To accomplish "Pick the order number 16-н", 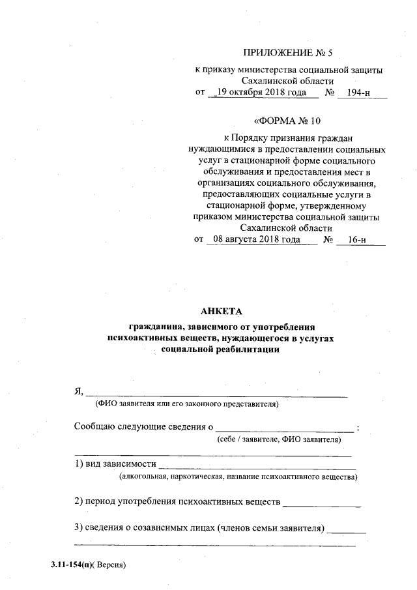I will pyautogui.click(x=357, y=239).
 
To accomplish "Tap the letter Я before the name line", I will pyautogui.click(x=77, y=391).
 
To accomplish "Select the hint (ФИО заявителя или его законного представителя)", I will pyautogui.click(x=188, y=405).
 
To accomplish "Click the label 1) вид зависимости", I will pyautogui.click(x=115, y=464).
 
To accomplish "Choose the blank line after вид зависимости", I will pyautogui.click(x=257, y=465).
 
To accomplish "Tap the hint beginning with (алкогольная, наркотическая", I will pyautogui.click(x=237, y=477).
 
